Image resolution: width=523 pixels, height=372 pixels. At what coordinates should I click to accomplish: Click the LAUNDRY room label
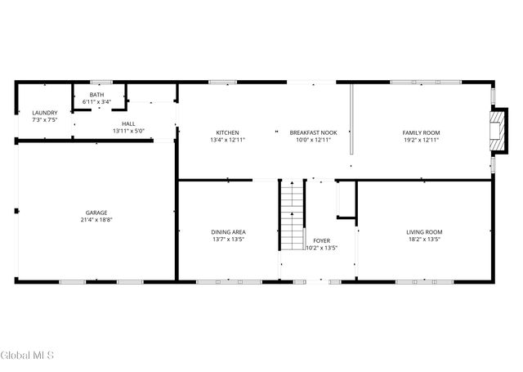point(45,112)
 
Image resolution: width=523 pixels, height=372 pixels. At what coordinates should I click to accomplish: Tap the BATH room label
point(97,95)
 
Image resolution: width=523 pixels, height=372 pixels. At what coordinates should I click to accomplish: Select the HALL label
point(128,123)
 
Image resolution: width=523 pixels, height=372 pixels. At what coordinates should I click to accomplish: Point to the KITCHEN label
point(227,132)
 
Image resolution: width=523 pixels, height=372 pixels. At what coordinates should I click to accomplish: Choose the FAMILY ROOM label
point(421,132)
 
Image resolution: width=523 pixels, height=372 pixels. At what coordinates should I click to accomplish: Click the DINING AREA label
point(229,232)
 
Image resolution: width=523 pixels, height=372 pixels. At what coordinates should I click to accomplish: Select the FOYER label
point(321,241)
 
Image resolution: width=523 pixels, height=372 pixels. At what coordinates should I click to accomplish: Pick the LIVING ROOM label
point(424,232)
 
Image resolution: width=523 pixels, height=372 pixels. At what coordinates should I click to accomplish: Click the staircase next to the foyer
point(292,216)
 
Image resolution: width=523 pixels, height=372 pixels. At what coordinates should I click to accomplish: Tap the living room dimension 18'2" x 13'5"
point(424,240)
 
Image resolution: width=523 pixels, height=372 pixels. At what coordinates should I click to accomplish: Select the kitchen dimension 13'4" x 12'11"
point(227,140)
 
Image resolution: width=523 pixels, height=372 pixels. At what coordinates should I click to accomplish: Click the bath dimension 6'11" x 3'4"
point(97,102)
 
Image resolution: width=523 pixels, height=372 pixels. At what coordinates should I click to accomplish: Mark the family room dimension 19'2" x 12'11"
point(421,140)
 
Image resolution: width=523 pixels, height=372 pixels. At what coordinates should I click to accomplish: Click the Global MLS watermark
point(27,356)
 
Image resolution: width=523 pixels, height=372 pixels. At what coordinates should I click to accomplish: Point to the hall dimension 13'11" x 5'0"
point(128,131)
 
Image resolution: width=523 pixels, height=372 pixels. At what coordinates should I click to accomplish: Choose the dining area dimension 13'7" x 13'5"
point(229,240)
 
